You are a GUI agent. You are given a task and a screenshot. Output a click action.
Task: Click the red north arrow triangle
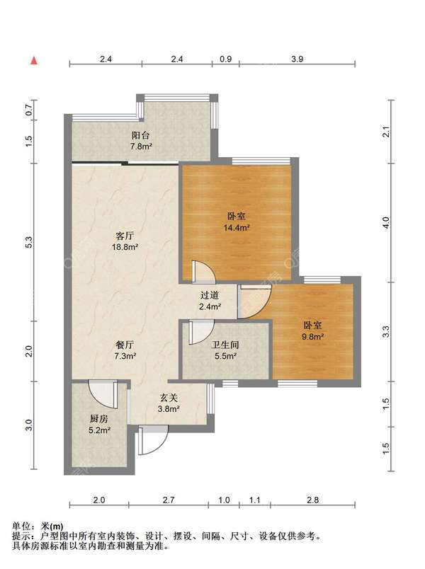point(34,61)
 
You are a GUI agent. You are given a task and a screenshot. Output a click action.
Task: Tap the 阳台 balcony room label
point(140,136)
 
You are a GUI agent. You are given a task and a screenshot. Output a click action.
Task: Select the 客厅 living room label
point(125,236)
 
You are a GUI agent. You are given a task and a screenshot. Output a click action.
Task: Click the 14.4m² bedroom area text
point(237,228)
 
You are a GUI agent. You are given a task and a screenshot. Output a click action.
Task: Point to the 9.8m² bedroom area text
point(313,336)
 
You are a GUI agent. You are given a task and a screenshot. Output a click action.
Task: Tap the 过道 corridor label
point(210,295)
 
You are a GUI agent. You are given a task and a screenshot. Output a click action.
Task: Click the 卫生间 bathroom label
point(225,345)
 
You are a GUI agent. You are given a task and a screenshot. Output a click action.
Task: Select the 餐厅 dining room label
point(125,345)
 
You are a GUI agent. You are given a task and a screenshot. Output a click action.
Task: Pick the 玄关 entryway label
point(169,398)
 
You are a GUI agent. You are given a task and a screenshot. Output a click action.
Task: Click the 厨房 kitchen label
point(98,419)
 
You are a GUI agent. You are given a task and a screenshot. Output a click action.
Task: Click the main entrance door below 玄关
point(152,439)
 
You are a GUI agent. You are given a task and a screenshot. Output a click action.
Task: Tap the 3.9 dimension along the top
point(297,59)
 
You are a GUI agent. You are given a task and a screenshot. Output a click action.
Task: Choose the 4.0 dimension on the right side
point(386,222)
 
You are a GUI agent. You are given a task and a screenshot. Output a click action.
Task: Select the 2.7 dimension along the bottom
point(169,500)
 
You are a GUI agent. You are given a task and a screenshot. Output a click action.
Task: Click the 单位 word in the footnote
point(21,526)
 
